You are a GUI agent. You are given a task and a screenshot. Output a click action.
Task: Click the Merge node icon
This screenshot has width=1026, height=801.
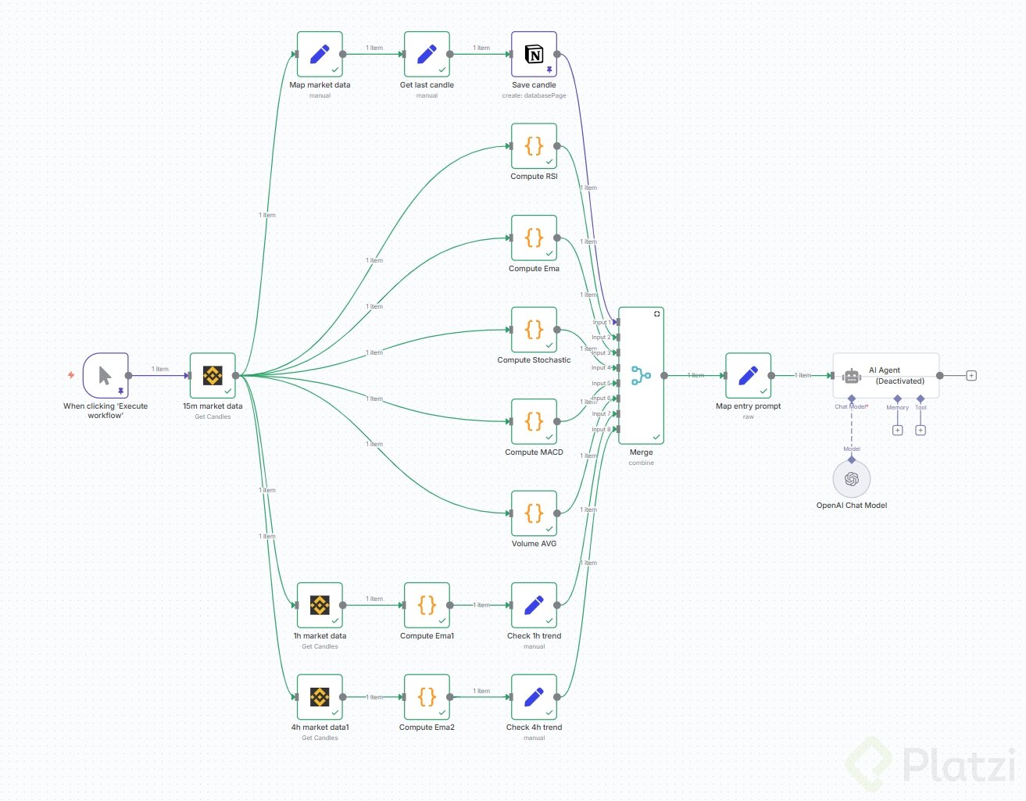click(x=641, y=376)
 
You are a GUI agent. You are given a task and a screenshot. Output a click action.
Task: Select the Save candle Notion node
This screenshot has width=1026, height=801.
click(x=534, y=55)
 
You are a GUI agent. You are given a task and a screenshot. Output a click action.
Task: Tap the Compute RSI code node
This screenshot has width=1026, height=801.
click(x=534, y=146)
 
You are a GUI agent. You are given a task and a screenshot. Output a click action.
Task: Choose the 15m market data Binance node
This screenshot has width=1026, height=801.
click(x=213, y=376)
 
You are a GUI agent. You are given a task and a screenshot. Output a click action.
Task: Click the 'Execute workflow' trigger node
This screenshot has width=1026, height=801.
click(x=105, y=376)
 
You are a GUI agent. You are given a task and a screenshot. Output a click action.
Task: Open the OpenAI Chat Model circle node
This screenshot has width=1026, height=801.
click(x=852, y=479)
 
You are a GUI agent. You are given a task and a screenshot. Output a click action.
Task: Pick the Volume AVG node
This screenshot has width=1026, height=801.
click(x=534, y=513)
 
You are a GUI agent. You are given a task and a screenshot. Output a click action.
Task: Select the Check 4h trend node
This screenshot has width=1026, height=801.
click(x=534, y=697)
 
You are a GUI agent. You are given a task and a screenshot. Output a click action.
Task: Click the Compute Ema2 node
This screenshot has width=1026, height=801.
click(x=427, y=697)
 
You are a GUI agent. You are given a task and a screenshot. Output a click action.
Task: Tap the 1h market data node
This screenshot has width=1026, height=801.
click(x=320, y=605)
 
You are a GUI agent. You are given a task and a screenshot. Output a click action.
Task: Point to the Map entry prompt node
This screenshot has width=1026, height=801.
click(x=748, y=376)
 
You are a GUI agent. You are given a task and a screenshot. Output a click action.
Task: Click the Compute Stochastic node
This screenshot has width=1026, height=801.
click(x=534, y=330)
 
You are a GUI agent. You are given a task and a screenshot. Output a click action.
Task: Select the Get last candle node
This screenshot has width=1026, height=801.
click(x=427, y=55)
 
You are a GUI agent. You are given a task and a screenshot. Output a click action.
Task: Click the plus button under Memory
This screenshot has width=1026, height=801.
click(x=897, y=431)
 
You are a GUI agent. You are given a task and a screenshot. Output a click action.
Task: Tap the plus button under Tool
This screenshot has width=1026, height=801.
click(x=921, y=431)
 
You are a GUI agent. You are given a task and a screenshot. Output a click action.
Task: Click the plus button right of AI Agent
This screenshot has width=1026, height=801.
click(x=971, y=376)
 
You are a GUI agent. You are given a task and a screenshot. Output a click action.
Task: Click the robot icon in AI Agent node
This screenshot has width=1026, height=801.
click(x=852, y=376)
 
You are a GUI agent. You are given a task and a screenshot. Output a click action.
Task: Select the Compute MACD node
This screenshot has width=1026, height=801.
click(x=534, y=422)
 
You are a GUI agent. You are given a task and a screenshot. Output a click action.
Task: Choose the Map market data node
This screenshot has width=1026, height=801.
click(x=320, y=55)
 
